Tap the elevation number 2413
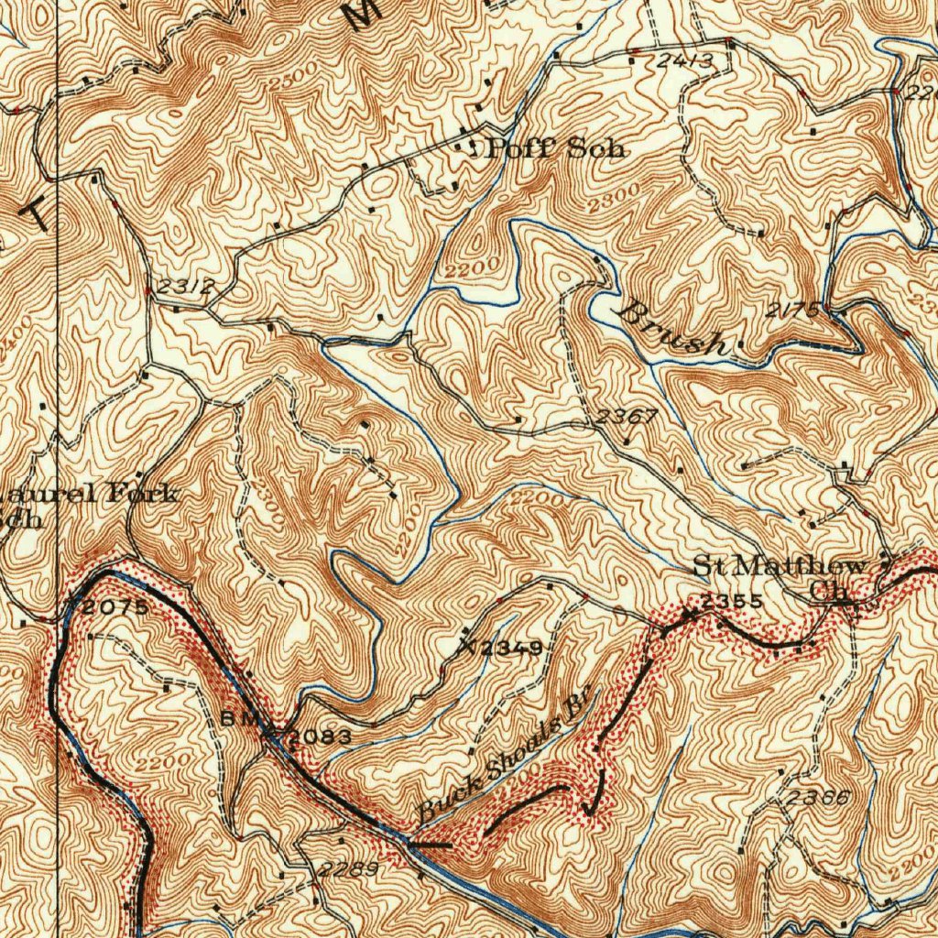[x=684, y=61]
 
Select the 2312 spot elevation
[x=185, y=287]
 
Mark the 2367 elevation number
[x=627, y=417]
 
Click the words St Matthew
[x=779, y=564]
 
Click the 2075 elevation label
[x=115, y=607]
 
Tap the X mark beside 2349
[x=468, y=645]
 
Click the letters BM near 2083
[x=237, y=719]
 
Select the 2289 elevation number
[x=347, y=868]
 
